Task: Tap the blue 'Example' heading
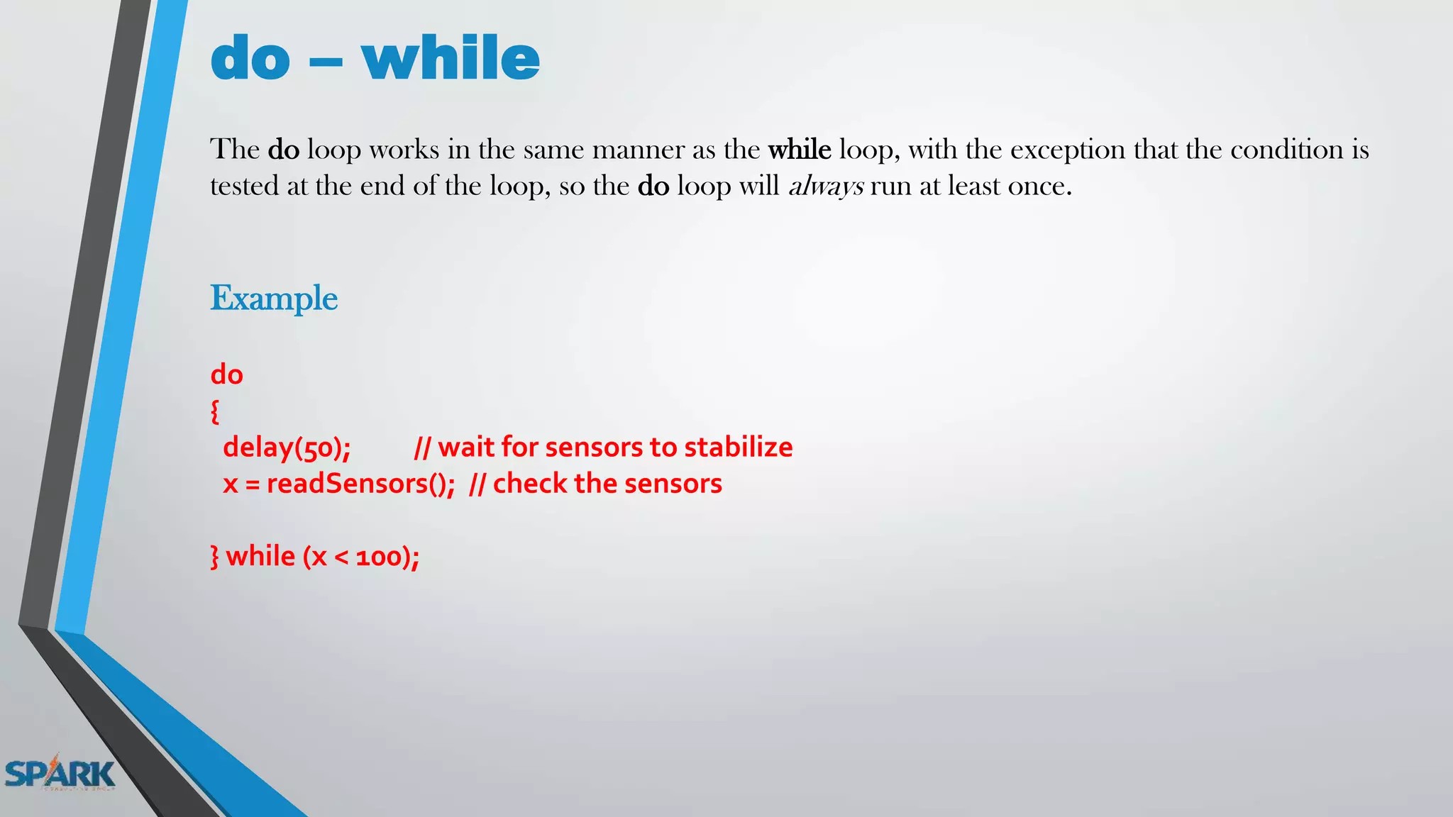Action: (x=274, y=298)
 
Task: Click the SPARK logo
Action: (x=60, y=774)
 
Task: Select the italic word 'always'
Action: (x=826, y=187)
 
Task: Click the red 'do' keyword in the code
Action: (x=227, y=374)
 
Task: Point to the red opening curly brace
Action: (x=215, y=411)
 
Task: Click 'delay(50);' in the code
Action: (x=287, y=448)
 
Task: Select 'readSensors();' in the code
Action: (x=360, y=484)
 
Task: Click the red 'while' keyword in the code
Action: (x=260, y=556)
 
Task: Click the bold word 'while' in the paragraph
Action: (x=800, y=150)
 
